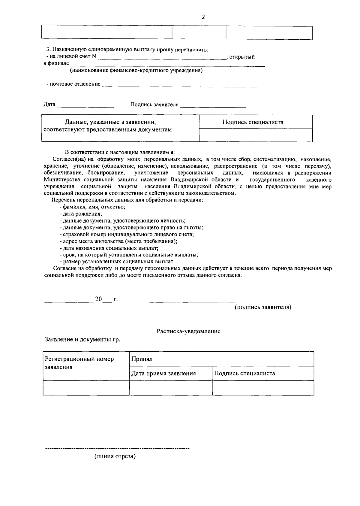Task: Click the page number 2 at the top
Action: [203, 17]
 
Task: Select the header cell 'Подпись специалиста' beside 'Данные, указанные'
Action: [253, 122]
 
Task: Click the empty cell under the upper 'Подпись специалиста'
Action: [256, 135]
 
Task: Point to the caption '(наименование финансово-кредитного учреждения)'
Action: [136, 71]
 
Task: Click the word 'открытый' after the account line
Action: [242, 57]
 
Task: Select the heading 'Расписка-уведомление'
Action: [188, 331]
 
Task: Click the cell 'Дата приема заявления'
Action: [164, 374]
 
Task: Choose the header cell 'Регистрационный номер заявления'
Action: [79, 363]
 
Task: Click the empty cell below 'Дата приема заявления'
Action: [171, 388]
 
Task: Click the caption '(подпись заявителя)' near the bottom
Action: [262, 307]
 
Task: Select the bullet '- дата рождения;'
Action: [81, 214]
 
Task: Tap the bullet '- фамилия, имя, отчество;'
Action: [92, 207]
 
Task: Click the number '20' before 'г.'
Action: [99, 299]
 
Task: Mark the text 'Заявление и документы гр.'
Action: [82, 340]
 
